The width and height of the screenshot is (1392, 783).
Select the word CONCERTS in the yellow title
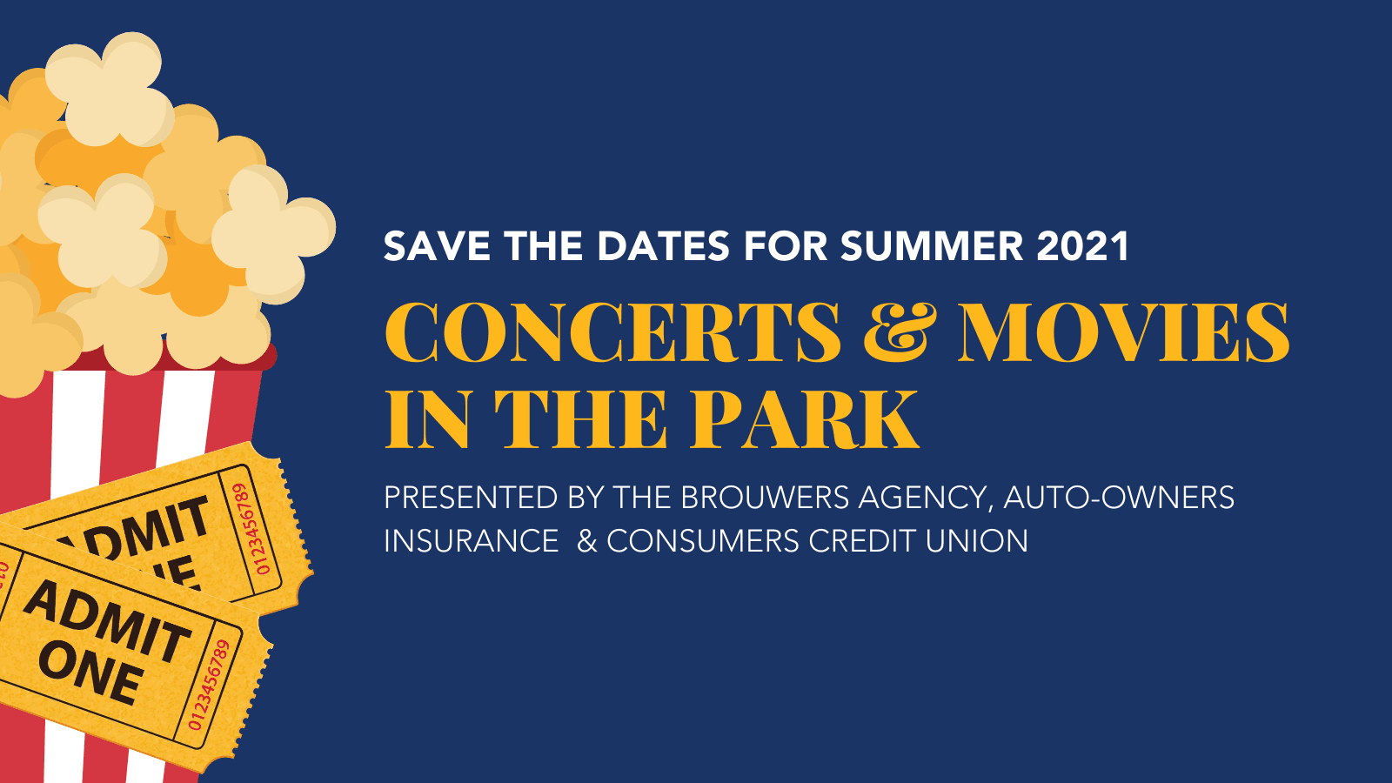coord(612,332)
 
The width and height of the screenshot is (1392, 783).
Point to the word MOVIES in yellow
coord(1123,332)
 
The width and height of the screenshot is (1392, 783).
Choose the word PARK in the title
coord(804,418)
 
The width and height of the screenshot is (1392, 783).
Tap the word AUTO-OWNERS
coord(1119,498)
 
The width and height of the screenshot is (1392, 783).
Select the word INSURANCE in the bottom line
coord(471,540)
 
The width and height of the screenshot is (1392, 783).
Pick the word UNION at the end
coord(976,540)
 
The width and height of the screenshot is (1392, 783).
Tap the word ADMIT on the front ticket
coord(107,621)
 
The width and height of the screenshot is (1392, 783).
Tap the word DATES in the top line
coord(663,246)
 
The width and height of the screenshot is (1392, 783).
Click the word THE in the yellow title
coord(581,418)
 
